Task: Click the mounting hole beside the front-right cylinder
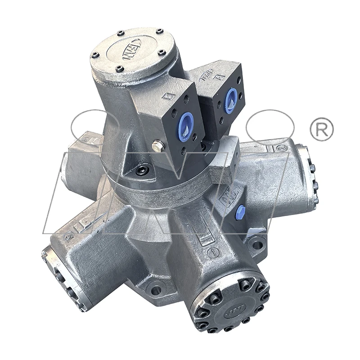pyautogui.click(x=257, y=245)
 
